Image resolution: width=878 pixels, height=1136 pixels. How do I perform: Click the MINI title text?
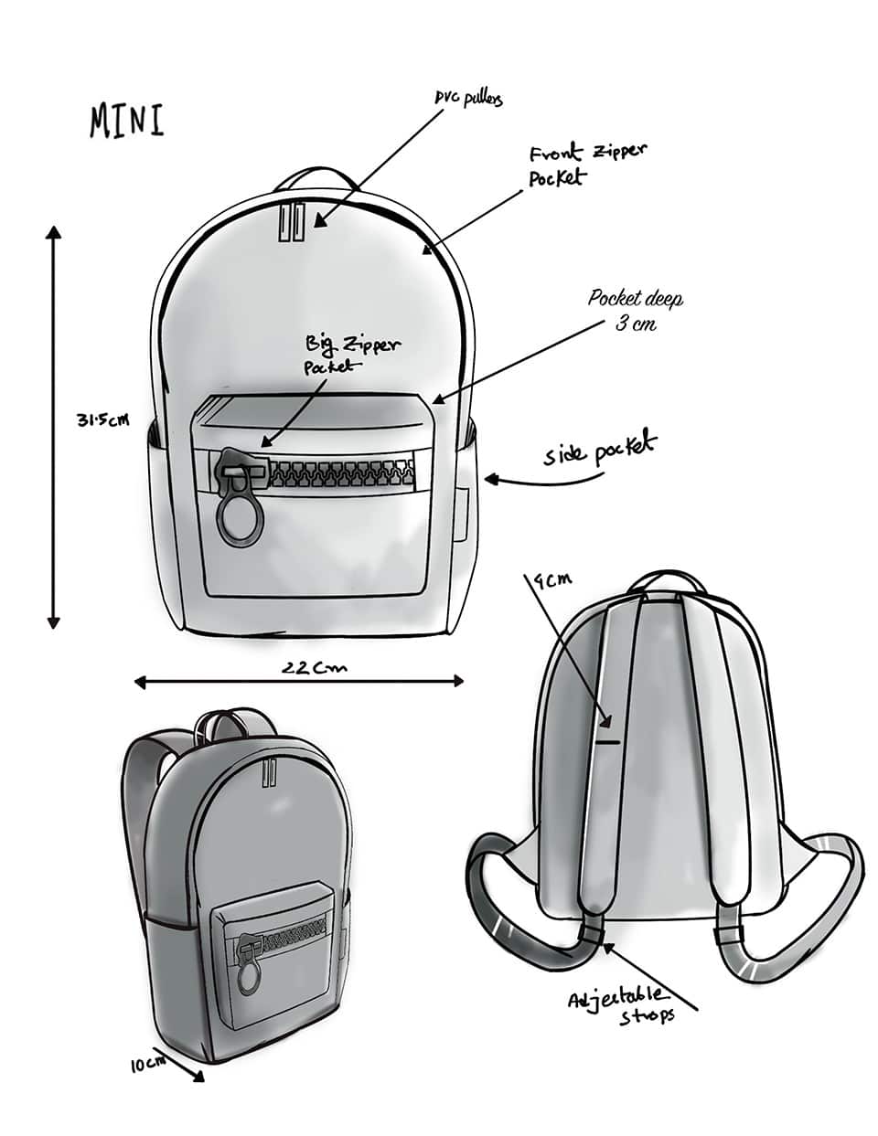tap(127, 121)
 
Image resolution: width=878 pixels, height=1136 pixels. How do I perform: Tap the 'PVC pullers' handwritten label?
tap(468, 99)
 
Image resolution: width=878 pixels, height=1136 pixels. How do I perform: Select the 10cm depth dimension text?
tap(146, 1064)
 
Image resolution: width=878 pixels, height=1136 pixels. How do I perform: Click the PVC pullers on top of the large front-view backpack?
tap(289, 223)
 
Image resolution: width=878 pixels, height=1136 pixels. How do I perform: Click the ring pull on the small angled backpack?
tap(248, 979)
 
